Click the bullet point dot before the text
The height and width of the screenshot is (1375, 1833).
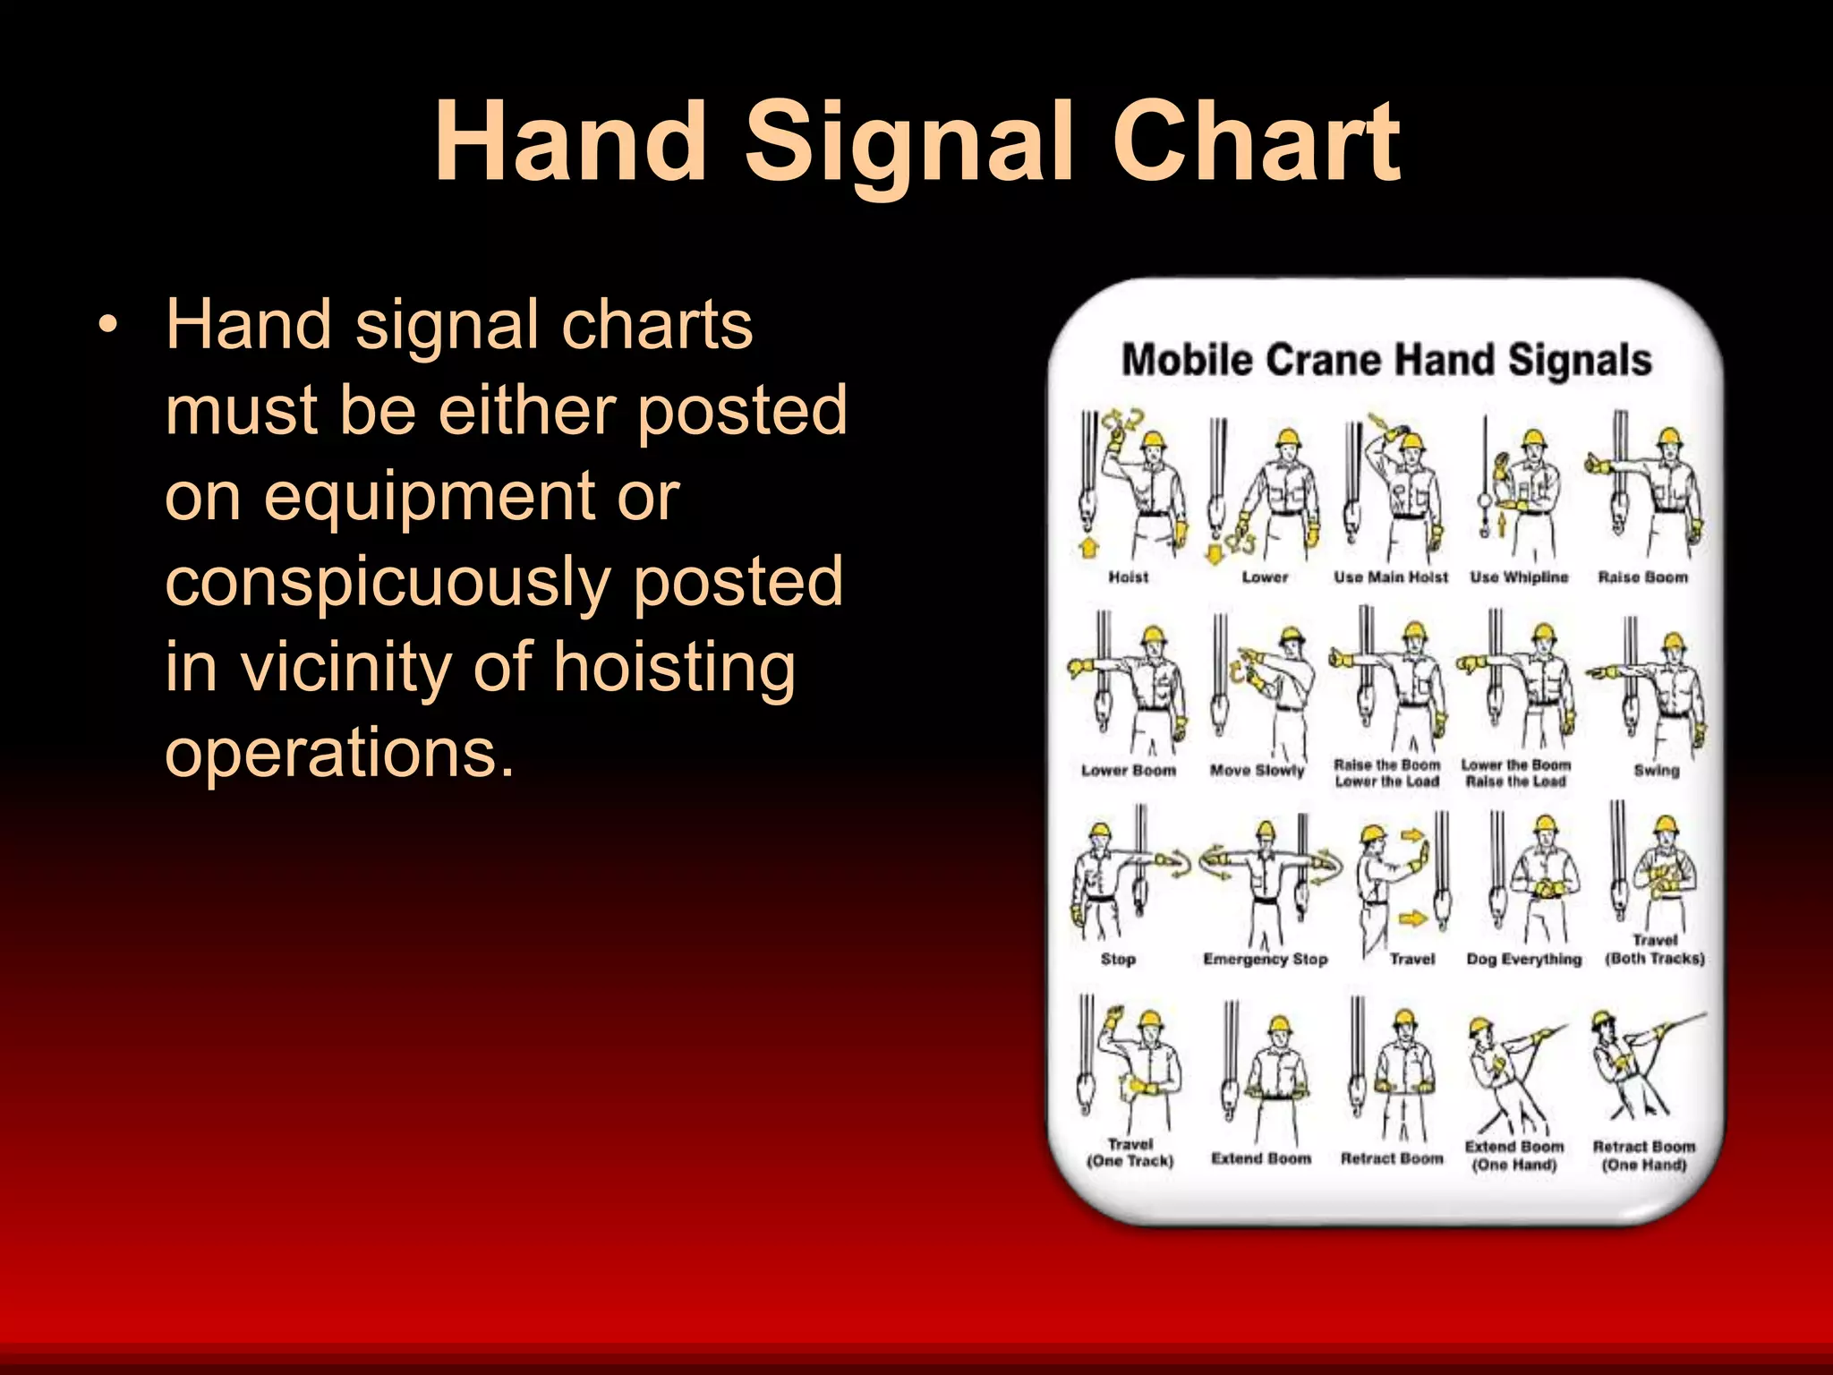coord(108,326)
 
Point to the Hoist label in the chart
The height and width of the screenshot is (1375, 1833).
coord(1128,577)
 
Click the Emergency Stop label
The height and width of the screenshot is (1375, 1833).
coord(1265,959)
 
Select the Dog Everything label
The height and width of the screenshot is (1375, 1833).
coord(1523,959)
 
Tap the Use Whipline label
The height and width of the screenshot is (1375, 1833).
coord(1519,577)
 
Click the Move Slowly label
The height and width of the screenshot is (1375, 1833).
coord(1257,770)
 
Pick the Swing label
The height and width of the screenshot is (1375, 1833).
coord(1656,770)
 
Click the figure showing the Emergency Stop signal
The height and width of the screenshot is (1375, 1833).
coord(1266,882)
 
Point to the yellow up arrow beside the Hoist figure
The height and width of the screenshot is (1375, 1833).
coord(1089,548)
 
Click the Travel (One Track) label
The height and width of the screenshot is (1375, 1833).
coord(1130,1152)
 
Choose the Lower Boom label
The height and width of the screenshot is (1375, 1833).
coord(1128,770)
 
